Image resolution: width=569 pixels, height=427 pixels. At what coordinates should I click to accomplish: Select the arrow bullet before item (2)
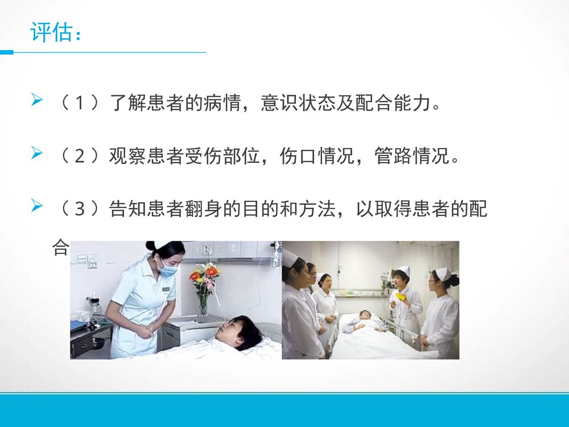click(x=37, y=154)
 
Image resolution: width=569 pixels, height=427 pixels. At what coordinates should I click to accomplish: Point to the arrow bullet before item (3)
click(x=37, y=206)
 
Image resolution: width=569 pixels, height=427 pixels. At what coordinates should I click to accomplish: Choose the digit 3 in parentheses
click(x=81, y=210)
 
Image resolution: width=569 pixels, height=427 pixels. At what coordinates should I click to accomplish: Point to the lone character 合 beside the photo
click(x=60, y=248)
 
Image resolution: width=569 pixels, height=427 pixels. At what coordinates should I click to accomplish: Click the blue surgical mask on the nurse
click(x=168, y=269)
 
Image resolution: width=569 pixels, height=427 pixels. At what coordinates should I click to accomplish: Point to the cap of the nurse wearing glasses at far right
click(x=442, y=273)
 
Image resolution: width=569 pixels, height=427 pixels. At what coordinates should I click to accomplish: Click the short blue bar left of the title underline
click(x=6, y=52)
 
